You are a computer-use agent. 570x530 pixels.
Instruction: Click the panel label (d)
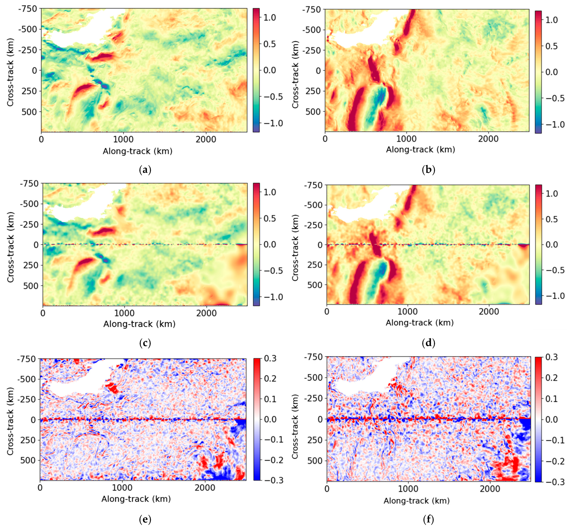[429, 343]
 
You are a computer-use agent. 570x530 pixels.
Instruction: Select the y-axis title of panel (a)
[10, 72]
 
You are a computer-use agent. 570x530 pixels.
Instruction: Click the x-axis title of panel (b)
[420, 149]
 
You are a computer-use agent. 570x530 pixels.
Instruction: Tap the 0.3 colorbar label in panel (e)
[270, 359]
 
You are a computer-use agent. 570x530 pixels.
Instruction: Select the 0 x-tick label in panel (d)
[327, 311]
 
